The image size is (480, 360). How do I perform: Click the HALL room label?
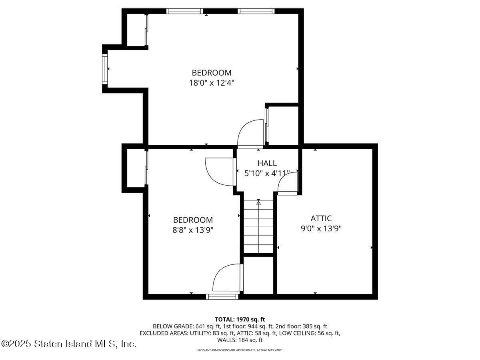point(267,163)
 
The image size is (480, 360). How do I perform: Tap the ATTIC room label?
point(321,218)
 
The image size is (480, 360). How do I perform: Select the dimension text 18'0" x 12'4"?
point(211,83)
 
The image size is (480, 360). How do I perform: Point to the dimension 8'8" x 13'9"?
point(193,230)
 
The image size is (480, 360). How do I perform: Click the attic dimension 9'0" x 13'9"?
point(321,228)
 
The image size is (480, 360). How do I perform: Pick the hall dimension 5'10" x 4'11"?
point(267,173)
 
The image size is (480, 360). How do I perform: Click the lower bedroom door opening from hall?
point(220,172)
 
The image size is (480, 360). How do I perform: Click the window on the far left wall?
point(105,69)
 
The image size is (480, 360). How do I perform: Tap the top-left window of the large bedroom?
point(184,11)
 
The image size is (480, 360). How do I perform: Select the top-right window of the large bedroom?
point(256,11)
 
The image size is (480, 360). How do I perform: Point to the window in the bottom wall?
point(222,296)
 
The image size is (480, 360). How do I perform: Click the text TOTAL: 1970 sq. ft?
point(240,319)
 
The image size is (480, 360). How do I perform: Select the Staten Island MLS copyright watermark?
point(68,344)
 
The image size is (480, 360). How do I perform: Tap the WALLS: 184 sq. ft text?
point(240,340)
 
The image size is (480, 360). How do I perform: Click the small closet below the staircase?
point(258,275)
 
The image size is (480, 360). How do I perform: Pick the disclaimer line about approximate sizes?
point(240,350)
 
